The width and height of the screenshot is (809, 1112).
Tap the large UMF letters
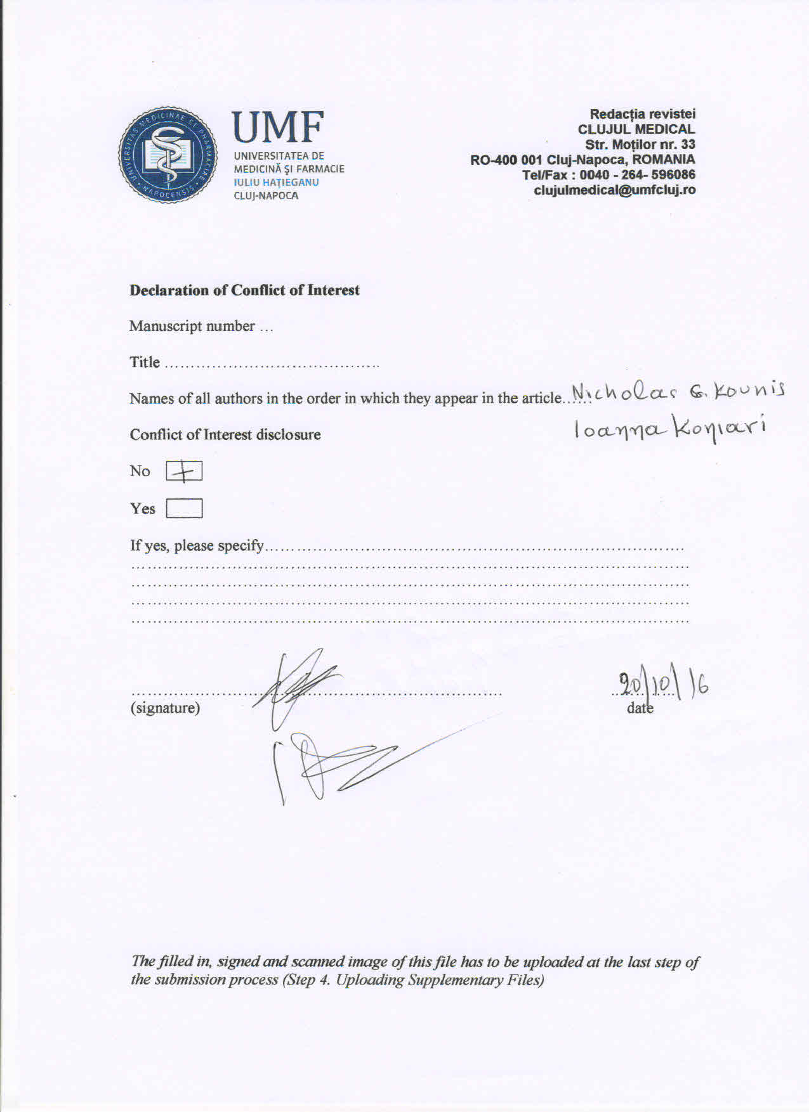click(278, 127)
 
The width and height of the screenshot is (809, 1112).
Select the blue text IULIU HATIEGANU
click(276, 182)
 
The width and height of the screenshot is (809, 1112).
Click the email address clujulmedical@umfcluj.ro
click(614, 190)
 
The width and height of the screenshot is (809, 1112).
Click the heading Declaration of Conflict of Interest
click(244, 290)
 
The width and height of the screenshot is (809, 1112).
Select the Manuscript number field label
click(192, 326)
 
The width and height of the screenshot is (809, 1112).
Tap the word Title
click(145, 362)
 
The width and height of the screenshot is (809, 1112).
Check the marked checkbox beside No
click(184, 472)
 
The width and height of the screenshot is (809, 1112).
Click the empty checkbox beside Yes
click(184, 508)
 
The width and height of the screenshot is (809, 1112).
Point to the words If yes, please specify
click(197, 545)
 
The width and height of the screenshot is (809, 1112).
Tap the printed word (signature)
click(165, 708)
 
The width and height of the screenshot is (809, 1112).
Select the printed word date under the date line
click(640, 708)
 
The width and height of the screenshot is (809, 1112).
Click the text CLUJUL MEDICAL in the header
click(636, 129)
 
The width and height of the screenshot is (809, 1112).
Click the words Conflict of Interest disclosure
click(225, 435)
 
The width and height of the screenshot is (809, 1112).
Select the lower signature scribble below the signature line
click(330, 764)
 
